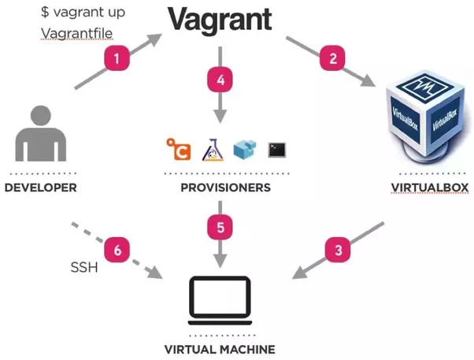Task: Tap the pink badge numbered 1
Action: (x=117, y=58)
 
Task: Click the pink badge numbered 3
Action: (x=339, y=251)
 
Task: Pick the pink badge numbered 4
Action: (x=220, y=80)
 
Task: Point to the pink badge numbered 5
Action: (x=220, y=228)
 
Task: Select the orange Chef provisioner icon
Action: (x=178, y=148)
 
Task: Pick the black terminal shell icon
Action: (x=276, y=148)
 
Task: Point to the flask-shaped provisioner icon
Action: (x=212, y=147)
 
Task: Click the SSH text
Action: (x=83, y=268)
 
